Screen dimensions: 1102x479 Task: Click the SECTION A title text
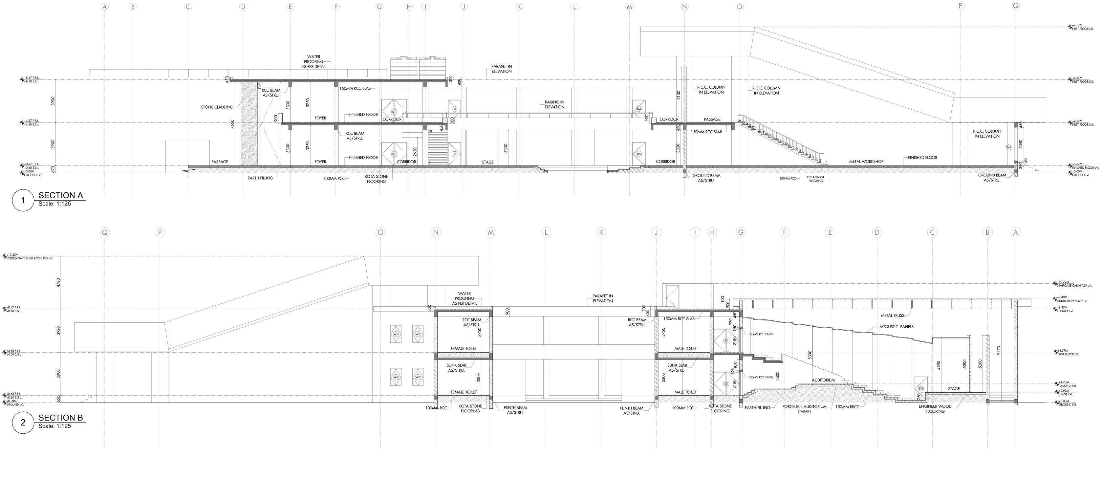click(x=61, y=195)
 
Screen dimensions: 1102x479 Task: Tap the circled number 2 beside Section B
click(x=23, y=423)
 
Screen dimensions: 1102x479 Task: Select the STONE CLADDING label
click(x=217, y=107)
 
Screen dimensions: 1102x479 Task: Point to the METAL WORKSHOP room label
click(x=866, y=162)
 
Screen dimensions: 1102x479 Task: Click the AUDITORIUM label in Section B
click(x=823, y=380)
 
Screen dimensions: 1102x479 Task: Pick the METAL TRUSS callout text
click(x=892, y=316)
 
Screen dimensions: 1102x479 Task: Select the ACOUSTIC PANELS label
click(x=896, y=327)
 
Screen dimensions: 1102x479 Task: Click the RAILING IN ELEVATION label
click(x=554, y=104)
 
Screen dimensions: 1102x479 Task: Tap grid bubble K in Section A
click(x=519, y=7)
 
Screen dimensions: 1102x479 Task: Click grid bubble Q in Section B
click(x=104, y=232)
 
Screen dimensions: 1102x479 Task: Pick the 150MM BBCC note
click(x=847, y=407)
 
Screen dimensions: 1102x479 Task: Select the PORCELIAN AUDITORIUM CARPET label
click(x=804, y=409)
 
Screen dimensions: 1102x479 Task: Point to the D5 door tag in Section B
click(x=920, y=389)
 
